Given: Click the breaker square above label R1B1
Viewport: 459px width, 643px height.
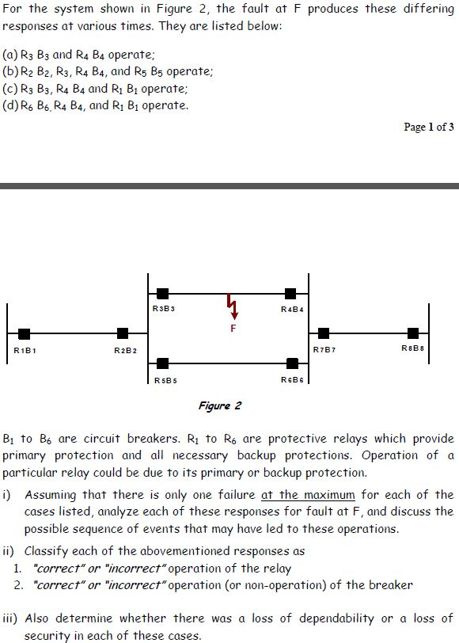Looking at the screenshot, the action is (25, 333).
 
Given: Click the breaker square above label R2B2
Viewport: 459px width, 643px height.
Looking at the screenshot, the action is (123, 333).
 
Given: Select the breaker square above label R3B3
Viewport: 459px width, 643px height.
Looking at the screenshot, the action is (162, 294).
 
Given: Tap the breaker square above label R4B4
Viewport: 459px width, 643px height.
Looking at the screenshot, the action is (290, 294).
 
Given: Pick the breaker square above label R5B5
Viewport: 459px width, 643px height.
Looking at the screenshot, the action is (162, 363).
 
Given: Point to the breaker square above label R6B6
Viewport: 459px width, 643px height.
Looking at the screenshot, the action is (292, 363).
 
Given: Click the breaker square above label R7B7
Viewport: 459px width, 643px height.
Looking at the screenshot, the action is (324, 333).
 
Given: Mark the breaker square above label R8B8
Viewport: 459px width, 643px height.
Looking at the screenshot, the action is (413, 333).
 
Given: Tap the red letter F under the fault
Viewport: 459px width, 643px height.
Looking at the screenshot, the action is (233, 327).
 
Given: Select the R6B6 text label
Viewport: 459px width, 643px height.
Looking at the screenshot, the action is (293, 380).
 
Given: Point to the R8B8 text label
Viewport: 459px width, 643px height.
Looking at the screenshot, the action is (413, 347).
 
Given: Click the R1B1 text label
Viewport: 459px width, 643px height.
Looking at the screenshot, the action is (25, 348).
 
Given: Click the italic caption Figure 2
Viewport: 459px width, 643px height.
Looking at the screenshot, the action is (219, 405).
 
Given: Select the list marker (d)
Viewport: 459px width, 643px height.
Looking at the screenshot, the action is (12, 105).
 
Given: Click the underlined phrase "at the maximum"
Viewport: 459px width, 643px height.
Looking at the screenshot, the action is (308, 494).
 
